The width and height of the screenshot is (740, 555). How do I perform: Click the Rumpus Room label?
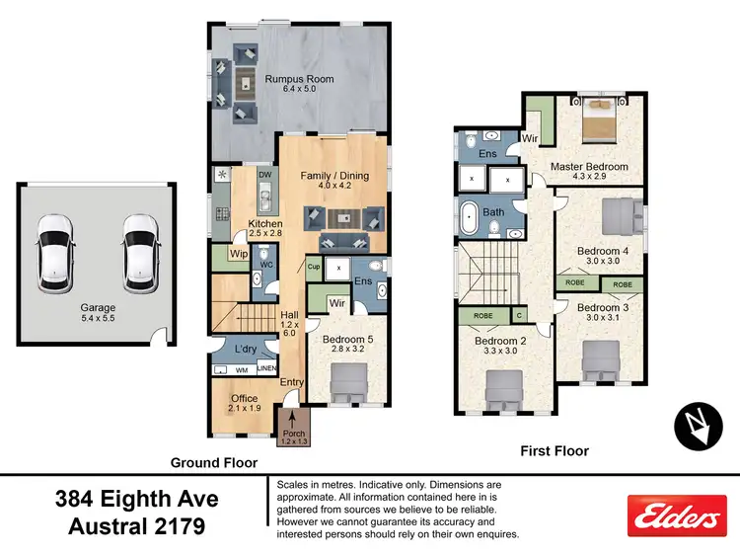point(298,79)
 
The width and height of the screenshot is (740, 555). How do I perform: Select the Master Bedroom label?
point(589,167)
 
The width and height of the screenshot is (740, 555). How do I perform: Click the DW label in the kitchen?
point(264,176)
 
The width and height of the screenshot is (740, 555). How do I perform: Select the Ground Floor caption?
point(214,462)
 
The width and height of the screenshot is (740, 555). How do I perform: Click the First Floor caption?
point(554,450)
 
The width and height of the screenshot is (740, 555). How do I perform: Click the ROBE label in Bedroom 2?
point(483,317)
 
